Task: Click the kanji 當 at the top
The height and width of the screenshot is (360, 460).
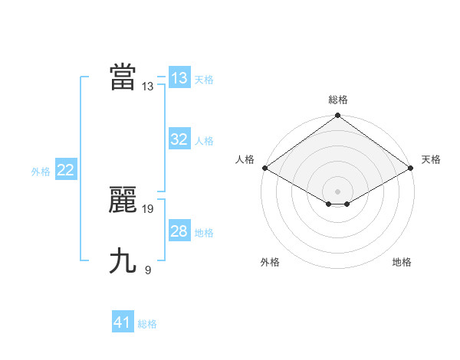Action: coord(123,77)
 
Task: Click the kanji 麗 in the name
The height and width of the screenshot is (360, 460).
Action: coord(123,201)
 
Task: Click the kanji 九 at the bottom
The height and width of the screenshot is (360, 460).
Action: coord(123,261)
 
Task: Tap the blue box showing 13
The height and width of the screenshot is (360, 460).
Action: coord(179,78)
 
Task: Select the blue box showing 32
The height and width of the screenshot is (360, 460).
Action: coord(179,139)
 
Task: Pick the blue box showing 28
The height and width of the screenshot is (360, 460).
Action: coord(179,231)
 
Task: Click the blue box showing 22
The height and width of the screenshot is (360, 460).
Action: coord(66,170)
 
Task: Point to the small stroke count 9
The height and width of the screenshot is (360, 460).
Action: coord(148,270)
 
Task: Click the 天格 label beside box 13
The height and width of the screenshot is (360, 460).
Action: coord(204,80)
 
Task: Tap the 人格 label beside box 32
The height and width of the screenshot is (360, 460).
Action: coord(204,141)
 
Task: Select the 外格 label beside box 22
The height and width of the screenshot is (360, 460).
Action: coord(41,172)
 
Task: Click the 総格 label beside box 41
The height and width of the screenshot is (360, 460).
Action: coord(147,324)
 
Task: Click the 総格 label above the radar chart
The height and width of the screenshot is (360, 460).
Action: coord(338,100)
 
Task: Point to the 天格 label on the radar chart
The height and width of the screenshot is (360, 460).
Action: coord(431,159)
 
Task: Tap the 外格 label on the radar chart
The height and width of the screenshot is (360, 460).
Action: coord(270,262)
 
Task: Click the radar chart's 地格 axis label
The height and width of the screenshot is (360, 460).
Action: coord(402,262)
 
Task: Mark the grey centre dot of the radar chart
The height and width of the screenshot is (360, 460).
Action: coord(338,191)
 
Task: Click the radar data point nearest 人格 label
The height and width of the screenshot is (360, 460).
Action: coord(264,168)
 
